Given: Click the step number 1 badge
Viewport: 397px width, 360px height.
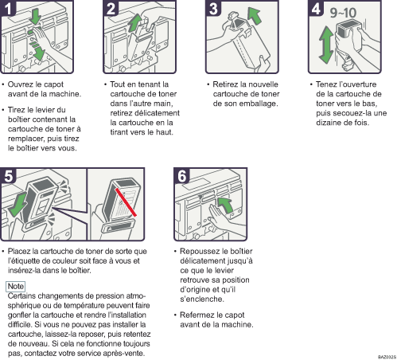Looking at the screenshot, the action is [x=8, y=8].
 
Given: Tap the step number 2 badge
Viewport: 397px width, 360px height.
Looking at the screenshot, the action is [x=111, y=8].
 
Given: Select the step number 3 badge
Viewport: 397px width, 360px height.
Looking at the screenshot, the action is [x=213, y=8].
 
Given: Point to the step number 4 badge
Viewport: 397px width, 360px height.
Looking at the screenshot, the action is [x=316, y=8].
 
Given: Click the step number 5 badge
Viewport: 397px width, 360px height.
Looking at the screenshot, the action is [x=8, y=175].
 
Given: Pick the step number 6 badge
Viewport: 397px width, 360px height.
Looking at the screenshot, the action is [x=182, y=175].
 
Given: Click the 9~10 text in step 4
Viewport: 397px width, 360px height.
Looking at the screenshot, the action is [x=343, y=13].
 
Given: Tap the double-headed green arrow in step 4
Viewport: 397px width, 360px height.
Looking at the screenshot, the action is [x=326, y=45].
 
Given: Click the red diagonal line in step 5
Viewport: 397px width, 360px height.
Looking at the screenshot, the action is [x=126, y=202].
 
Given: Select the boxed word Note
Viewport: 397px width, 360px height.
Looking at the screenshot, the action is [x=16, y=286].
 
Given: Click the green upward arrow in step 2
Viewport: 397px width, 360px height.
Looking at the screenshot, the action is [x=135, y=23].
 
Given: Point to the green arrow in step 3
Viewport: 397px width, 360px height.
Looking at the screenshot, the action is [x=254, y=16].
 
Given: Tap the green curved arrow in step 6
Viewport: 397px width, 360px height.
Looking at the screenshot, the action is [x=225, y=205].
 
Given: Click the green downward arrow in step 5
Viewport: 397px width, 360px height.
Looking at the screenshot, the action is [x=18, y=205].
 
